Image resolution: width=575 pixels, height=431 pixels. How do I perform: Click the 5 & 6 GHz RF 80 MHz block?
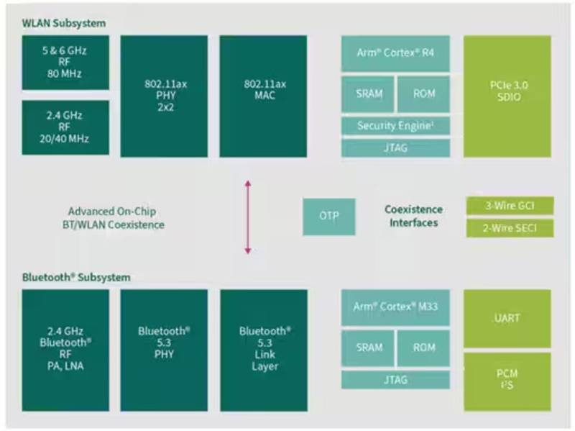(65, 63)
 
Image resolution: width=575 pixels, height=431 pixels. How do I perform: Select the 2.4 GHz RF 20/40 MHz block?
(65, 127)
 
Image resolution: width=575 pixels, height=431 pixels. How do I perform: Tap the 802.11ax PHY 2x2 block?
(164, 96)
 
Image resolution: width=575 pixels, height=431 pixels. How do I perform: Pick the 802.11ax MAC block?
(263, 96)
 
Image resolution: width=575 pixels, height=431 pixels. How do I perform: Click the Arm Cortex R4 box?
(395, 53)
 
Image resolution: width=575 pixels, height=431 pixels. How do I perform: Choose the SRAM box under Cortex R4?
(368, 94)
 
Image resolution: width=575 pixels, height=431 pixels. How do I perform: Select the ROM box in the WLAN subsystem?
(424, 94)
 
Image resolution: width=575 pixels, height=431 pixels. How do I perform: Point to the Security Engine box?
(395, 126)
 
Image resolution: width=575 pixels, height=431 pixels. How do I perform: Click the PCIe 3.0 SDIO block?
(507, 96)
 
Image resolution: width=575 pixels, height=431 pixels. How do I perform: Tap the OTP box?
(328, 216)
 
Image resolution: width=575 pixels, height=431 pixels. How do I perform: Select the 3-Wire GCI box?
(510, 206)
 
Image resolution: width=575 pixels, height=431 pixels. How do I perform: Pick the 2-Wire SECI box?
(510, 229)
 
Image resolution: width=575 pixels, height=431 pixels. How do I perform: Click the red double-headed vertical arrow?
(248, 217)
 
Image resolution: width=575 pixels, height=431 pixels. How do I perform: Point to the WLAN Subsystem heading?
(64, 23)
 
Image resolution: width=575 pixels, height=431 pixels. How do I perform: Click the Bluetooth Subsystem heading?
(76, 277)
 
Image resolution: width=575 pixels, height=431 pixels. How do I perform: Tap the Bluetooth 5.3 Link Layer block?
(263, 350)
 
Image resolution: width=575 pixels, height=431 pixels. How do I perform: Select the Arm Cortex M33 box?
(395, 307)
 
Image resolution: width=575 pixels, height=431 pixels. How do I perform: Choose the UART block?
(507, 318)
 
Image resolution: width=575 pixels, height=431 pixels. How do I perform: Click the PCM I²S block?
(507, 380)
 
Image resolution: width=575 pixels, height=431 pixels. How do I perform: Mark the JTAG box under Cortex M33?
(395, 379)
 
